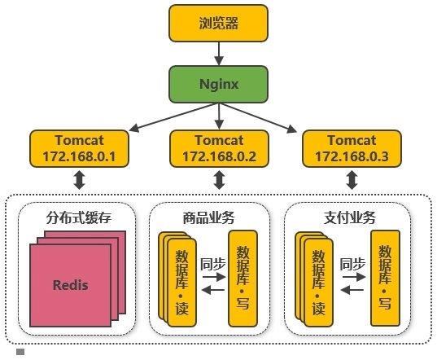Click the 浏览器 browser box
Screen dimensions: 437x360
(218, 23)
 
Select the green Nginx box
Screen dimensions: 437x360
(218, 84)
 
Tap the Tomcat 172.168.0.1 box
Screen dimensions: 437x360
(80, 148)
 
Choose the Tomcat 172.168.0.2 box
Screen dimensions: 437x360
(220, 148)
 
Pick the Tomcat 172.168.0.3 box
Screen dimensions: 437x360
(352, 148)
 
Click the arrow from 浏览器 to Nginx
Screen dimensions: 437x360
(219, 54)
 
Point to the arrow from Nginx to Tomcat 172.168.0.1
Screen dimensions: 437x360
(173, 117)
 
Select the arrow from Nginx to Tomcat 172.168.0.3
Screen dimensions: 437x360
(258, 117)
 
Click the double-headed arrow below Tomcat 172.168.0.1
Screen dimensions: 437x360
(80, 180)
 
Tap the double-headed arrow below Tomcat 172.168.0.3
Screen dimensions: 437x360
(352, 180)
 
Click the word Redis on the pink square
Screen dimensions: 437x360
(71, 285)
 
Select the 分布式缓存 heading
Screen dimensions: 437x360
(79, 217)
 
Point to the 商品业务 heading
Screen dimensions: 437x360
(209, 217)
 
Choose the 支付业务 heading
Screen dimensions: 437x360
(350, 217)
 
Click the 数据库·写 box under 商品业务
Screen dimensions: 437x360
(243, 279)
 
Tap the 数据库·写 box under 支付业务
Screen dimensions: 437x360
(385, 278)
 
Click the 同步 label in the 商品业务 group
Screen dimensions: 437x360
(213, 264)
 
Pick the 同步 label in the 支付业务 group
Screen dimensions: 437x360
(352, 264)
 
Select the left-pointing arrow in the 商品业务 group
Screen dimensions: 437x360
(213, 290)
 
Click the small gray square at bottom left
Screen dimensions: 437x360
(20, 352)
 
